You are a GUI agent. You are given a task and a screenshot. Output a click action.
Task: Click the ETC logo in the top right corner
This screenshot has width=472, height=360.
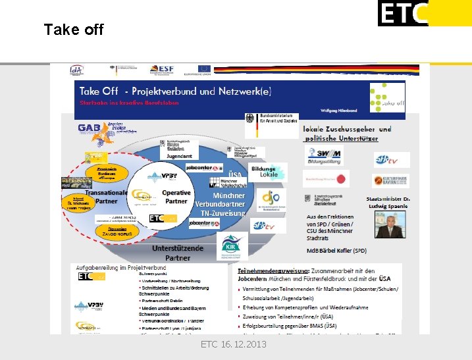402,13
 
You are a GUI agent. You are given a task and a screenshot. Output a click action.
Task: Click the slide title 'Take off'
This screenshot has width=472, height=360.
73,30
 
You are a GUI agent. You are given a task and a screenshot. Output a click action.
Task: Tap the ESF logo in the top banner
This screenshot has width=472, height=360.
161,69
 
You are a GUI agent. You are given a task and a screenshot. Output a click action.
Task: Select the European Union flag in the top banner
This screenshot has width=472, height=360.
204,69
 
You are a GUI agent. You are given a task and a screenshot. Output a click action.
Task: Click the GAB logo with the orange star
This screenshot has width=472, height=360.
92,129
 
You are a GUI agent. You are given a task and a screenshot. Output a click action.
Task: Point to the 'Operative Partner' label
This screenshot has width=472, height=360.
176,197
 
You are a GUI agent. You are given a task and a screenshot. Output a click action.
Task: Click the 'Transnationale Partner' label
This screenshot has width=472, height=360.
105,197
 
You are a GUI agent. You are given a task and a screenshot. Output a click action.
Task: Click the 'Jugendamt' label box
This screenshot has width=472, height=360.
180,157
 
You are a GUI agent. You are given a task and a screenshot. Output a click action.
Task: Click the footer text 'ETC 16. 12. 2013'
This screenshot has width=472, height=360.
233,344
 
